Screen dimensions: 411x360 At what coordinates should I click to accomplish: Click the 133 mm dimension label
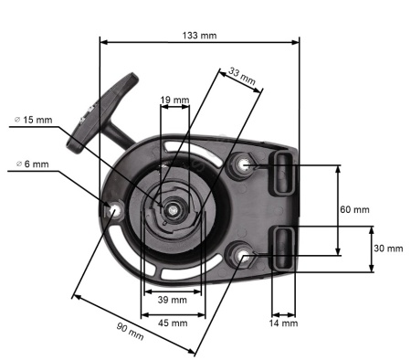pyautogui.click(x=199, y=36)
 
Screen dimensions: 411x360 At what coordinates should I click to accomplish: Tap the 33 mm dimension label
pyautogui.click(x=242, y=76)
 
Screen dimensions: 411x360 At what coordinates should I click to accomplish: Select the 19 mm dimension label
pyautogui.click(x=174, y=100)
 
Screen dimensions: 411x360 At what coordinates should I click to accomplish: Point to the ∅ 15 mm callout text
pyautogui.click(x=34, y=120)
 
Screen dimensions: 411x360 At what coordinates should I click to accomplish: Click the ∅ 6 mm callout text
pyautogui.click(x=32, y=164)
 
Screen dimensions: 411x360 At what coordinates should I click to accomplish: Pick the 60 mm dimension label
pyautogui.click(x=354, y=209)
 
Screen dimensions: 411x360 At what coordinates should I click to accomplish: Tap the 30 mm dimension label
pyautogui.click(x=388, y=249)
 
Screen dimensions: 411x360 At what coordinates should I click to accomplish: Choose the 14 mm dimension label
pyautogui.click(x=283, y=323)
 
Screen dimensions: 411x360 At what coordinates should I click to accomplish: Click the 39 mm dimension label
pyautogui.click(x=173, y=300)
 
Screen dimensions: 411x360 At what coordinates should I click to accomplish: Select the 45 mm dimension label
pyautogui.click(x=173, y=323)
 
